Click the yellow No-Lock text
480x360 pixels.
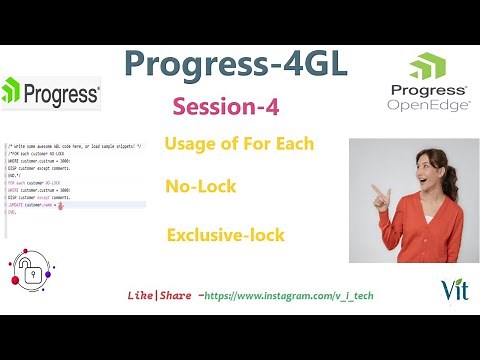point(205,186)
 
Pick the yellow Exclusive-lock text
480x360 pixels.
point(226,236)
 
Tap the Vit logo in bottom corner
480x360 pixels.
point(452,290)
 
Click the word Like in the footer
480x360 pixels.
point(139,297)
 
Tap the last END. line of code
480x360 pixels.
point(11,213)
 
